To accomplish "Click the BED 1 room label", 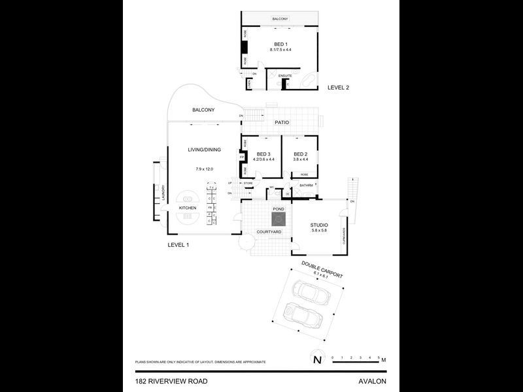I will pos(280,43).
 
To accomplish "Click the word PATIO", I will pos(281,122).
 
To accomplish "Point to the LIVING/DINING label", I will pos(204,150).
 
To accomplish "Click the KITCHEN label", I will pos(188,208).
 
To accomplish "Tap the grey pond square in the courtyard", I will pos(278,219).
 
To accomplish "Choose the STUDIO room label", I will pos(319,225).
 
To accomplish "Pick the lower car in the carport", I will pos(303,318).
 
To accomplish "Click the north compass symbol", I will pos(317,359).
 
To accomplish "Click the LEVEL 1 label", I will pos(178,244).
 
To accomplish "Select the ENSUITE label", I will pos(285,76).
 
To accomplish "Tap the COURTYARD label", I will pos(269,232).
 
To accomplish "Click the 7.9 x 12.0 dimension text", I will pos(204,169).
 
